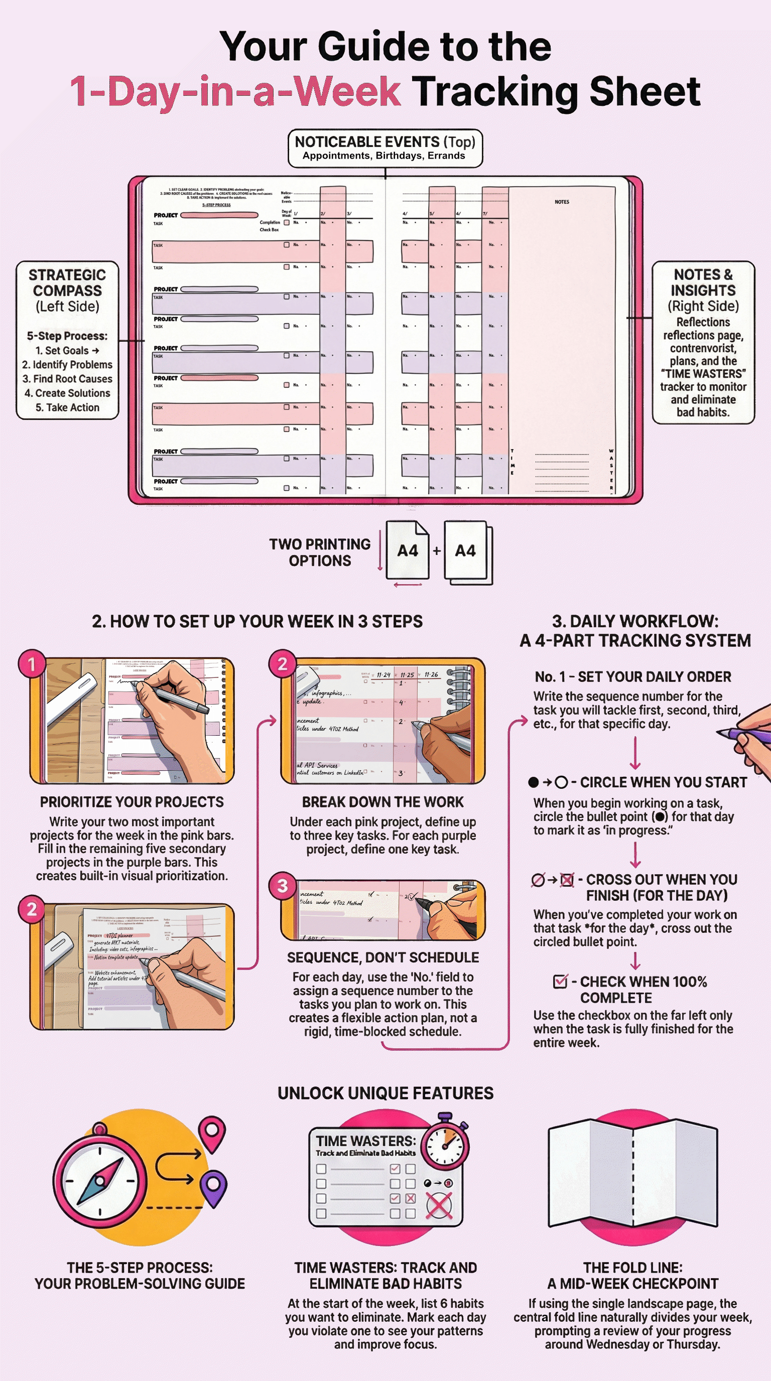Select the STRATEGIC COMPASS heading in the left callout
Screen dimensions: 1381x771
tap(67, 283)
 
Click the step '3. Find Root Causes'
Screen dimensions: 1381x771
tap(68, 379)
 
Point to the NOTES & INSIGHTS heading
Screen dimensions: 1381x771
tap(703, 283)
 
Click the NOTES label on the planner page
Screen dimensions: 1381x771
tap(562, 202)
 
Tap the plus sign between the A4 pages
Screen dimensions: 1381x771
tap(436, 550)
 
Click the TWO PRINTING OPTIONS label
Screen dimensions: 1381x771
tap(320, 552)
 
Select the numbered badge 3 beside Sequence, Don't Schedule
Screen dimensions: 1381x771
tap(282, 886)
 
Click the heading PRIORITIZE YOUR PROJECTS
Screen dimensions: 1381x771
tap(132, 802)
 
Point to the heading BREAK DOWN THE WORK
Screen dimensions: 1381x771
tap(383, 802)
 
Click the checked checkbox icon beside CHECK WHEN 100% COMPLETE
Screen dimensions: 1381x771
tap(560, 982)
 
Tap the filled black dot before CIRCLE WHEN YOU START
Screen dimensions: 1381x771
tap(533, 782)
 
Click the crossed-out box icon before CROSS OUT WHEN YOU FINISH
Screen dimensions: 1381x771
tap(567, 880)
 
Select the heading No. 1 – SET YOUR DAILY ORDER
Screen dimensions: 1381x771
tap(632, 677)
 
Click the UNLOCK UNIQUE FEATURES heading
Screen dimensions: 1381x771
tap(385, 1093)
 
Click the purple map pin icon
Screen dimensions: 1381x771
tap(213, 1188)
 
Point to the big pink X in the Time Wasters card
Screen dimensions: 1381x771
tap(439, 1207)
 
